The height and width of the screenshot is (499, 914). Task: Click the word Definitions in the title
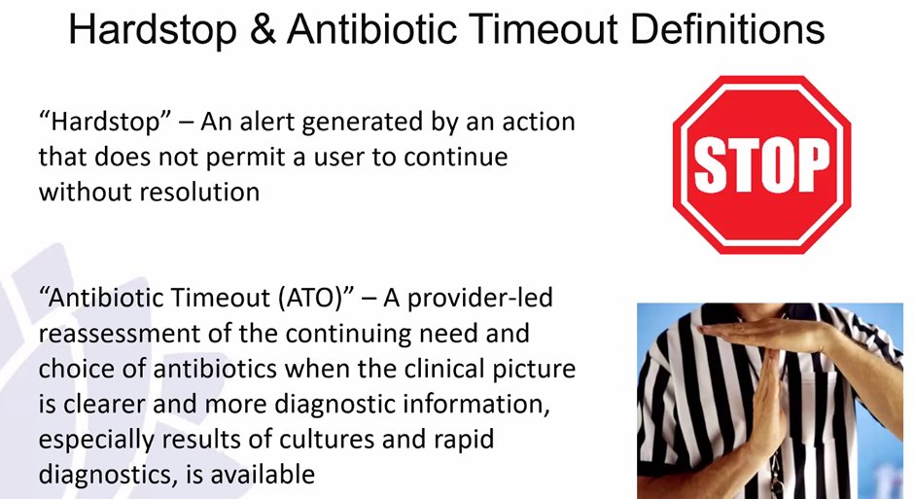click(x=725, y=31)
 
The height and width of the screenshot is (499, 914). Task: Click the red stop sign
click(x=761, y=164)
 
